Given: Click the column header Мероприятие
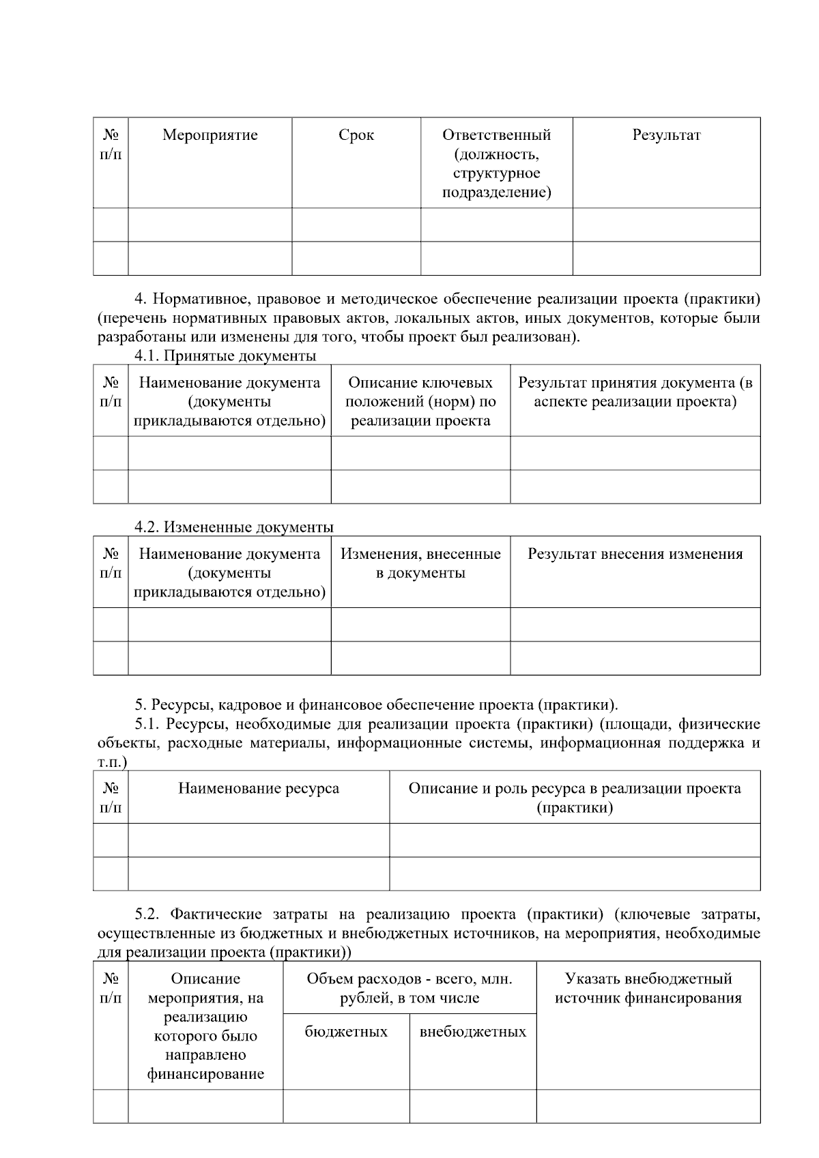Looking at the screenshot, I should click(x=210, y=135).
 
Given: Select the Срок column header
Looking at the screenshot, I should click(x=356, y=135).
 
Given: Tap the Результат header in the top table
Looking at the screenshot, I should click(x=666, y=135).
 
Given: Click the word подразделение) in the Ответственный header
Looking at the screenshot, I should click(x=496, y=192).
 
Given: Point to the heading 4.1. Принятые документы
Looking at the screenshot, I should click(x=225, y=356).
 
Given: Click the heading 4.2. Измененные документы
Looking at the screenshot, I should click(x=234, y=527).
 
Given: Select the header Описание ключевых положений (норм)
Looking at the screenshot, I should click(x=420, y=401).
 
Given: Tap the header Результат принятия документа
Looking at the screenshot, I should click(x=635, y=392).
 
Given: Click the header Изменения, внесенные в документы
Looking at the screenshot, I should click(x=420, y=563).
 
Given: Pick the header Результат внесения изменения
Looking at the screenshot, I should click(x=635, y=553).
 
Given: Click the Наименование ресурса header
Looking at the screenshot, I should click(x=259, y=788).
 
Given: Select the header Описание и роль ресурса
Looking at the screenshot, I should click(x=575, y=798).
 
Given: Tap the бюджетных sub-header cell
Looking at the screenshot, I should click(x=346, y=1031).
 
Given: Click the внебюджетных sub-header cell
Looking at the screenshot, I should click(x=473, y=1031).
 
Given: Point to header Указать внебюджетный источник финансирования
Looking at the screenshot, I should click(x=648, y=988).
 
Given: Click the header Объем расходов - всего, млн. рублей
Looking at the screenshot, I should click(x=409, y=988).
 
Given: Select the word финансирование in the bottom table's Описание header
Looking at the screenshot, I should click(x=205, y=1074).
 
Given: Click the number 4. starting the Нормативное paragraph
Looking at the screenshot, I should click(x=141, y=299).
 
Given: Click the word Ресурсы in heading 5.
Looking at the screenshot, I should click(x=177, y=705).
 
